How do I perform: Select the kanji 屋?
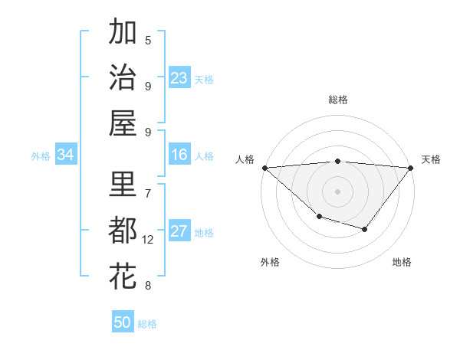coord(123,122)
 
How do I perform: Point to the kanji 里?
coord(123,185)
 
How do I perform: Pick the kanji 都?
coord(123,231)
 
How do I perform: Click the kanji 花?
coord(123,275)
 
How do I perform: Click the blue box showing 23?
coord(179,77)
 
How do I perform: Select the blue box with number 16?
coord(179,155)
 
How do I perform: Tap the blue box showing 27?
coord(179,231)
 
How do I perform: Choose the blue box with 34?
coord(66,155)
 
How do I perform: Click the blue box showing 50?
coord(123,322)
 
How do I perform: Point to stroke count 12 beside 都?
coord(148,240)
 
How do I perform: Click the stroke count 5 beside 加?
coord(148,41)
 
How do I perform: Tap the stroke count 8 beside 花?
coord(148,286)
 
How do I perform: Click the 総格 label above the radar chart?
coord(338,100)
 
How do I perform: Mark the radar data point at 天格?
coord(411,168)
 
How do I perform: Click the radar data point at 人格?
coord(264,168)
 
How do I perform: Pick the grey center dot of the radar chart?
coord(338,191)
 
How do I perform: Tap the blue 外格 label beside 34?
coord(41,155)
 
